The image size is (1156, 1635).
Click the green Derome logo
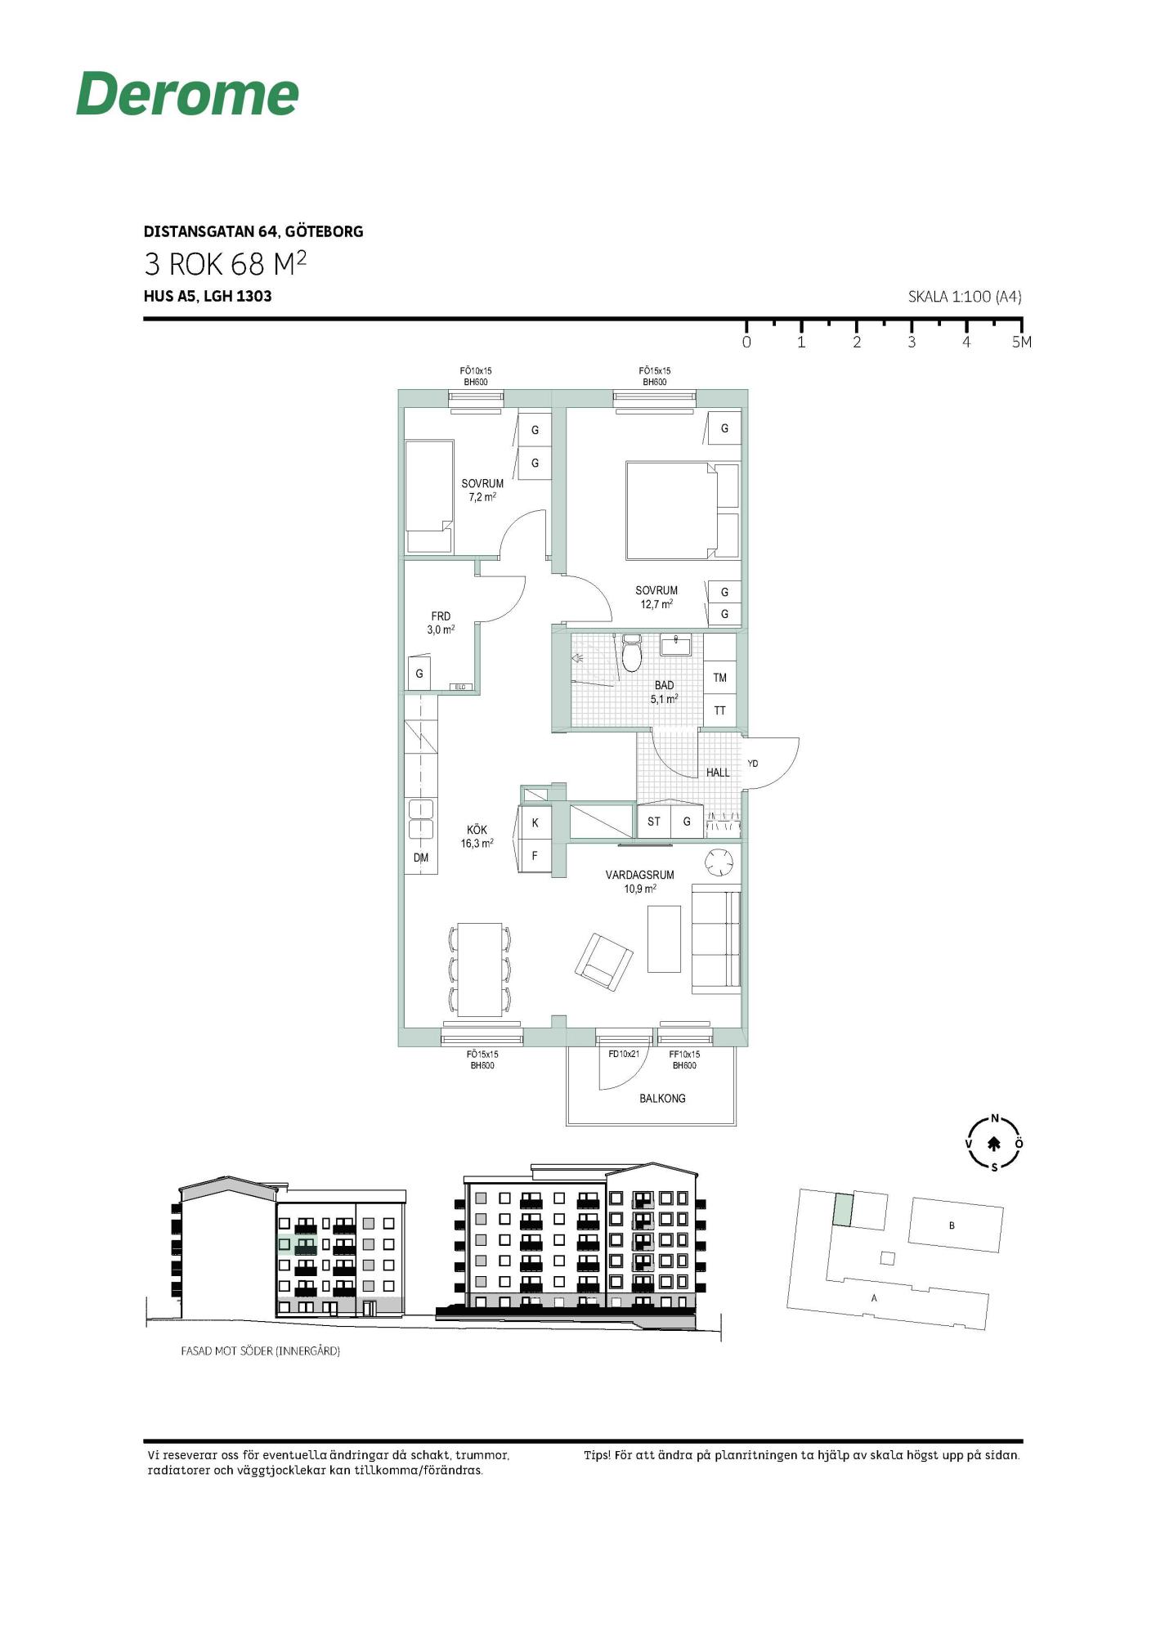187,93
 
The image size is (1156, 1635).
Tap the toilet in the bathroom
632,652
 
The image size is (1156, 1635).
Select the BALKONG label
662,1098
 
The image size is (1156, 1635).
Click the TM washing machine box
720,677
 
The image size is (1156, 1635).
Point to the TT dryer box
720,710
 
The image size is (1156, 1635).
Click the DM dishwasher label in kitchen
421,858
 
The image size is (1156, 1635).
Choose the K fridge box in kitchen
535,822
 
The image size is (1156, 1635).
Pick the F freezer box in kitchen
535,856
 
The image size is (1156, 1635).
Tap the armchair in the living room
604,962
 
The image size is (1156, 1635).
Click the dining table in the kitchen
480,970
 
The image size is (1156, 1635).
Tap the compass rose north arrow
994,1144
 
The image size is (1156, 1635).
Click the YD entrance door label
753,764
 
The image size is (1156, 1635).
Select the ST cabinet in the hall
654,822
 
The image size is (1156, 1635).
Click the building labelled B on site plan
956,1225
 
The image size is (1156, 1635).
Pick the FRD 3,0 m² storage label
441,623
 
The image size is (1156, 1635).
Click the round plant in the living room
720,862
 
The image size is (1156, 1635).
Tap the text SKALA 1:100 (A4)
965,297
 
